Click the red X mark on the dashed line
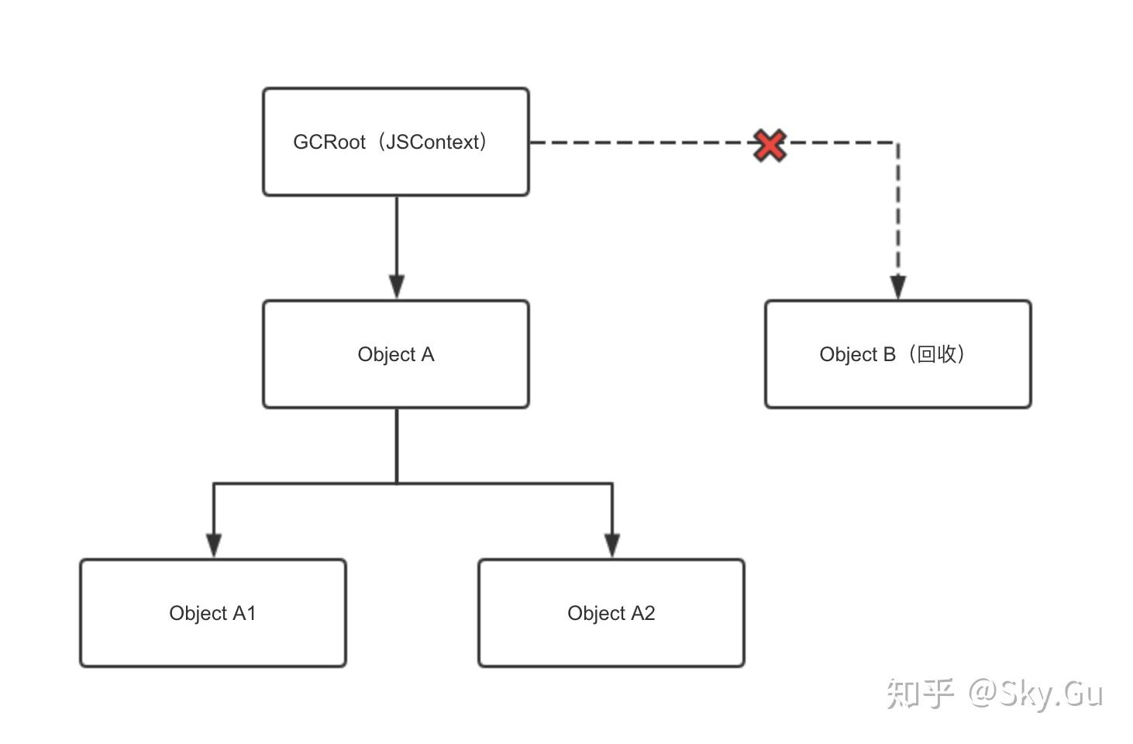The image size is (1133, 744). click(x=770, y=145)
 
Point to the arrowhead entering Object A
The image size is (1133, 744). click(x=397, y=288)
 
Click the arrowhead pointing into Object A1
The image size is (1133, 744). click(x=214, y=546)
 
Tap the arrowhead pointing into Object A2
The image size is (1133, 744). click(x=612, y=546)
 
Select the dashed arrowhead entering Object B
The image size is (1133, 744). click(x=898, y=288)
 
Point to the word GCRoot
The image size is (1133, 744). click(x=329, y=142)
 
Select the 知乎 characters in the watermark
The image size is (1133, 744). click(x=919, y=693)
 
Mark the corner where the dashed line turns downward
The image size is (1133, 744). click(x=898, y=143)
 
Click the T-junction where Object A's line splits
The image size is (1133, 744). click(x=397, y=484)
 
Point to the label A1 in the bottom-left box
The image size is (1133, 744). click(x=244, y=613)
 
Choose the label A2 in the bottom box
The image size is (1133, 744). click(x=642, y=613)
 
